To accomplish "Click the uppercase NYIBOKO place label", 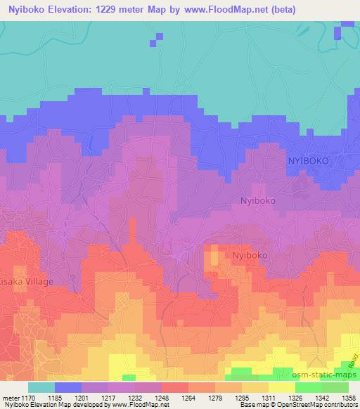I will click(318, 161).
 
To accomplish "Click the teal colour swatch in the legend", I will click(42, 387).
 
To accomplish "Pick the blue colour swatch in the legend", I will click(69, 387).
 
